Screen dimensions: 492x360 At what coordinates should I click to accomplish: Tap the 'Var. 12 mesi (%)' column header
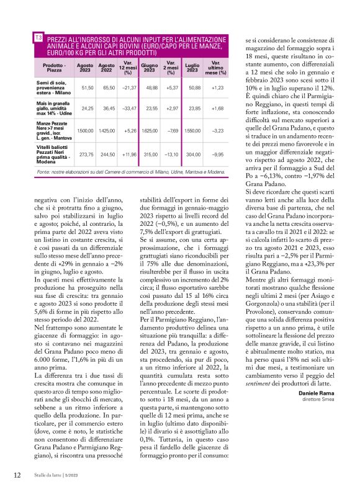tap(128, 67)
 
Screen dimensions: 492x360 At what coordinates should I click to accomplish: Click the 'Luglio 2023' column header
tap(192, 67)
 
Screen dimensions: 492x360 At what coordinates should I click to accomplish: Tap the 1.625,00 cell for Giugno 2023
tap(150, 131)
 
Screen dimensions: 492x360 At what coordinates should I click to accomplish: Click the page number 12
tap(17, 475)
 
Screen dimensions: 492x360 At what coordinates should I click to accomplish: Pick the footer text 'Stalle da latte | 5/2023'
tap(57, 476)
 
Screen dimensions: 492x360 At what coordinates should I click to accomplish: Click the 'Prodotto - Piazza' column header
tap(55, 67)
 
